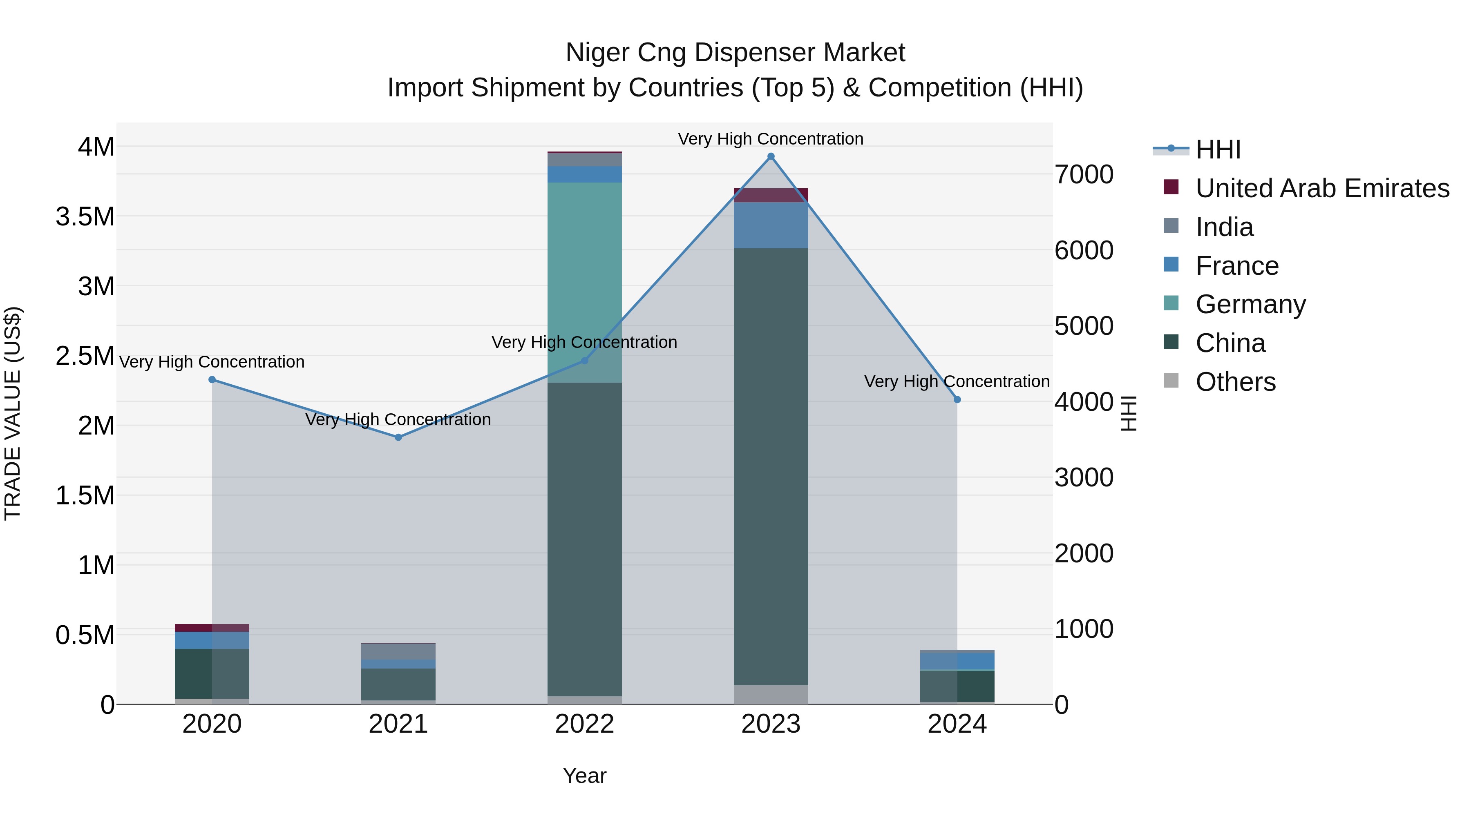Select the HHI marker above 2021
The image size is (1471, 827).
pyautogui.click(x=398, y=437)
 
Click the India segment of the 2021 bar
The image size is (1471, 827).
pyautogui.click(x=398, y=651)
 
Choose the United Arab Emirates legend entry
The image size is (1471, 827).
pyautogui.click(x=1321, y=188)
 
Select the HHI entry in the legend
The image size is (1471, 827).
pyautogui.click(x=1218, y=149)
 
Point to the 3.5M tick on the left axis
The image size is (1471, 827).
pyautogui.click(x=85, y=217)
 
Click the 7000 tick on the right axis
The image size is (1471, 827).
pyautogui.click(x=1083, y=175)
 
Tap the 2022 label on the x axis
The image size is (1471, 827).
pyautogui.click(x=584, y=724)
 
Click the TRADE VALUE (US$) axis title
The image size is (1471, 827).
pyautogui.click(x=13, y=413)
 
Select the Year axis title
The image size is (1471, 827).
pyautogui.click(x=584, y=776)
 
